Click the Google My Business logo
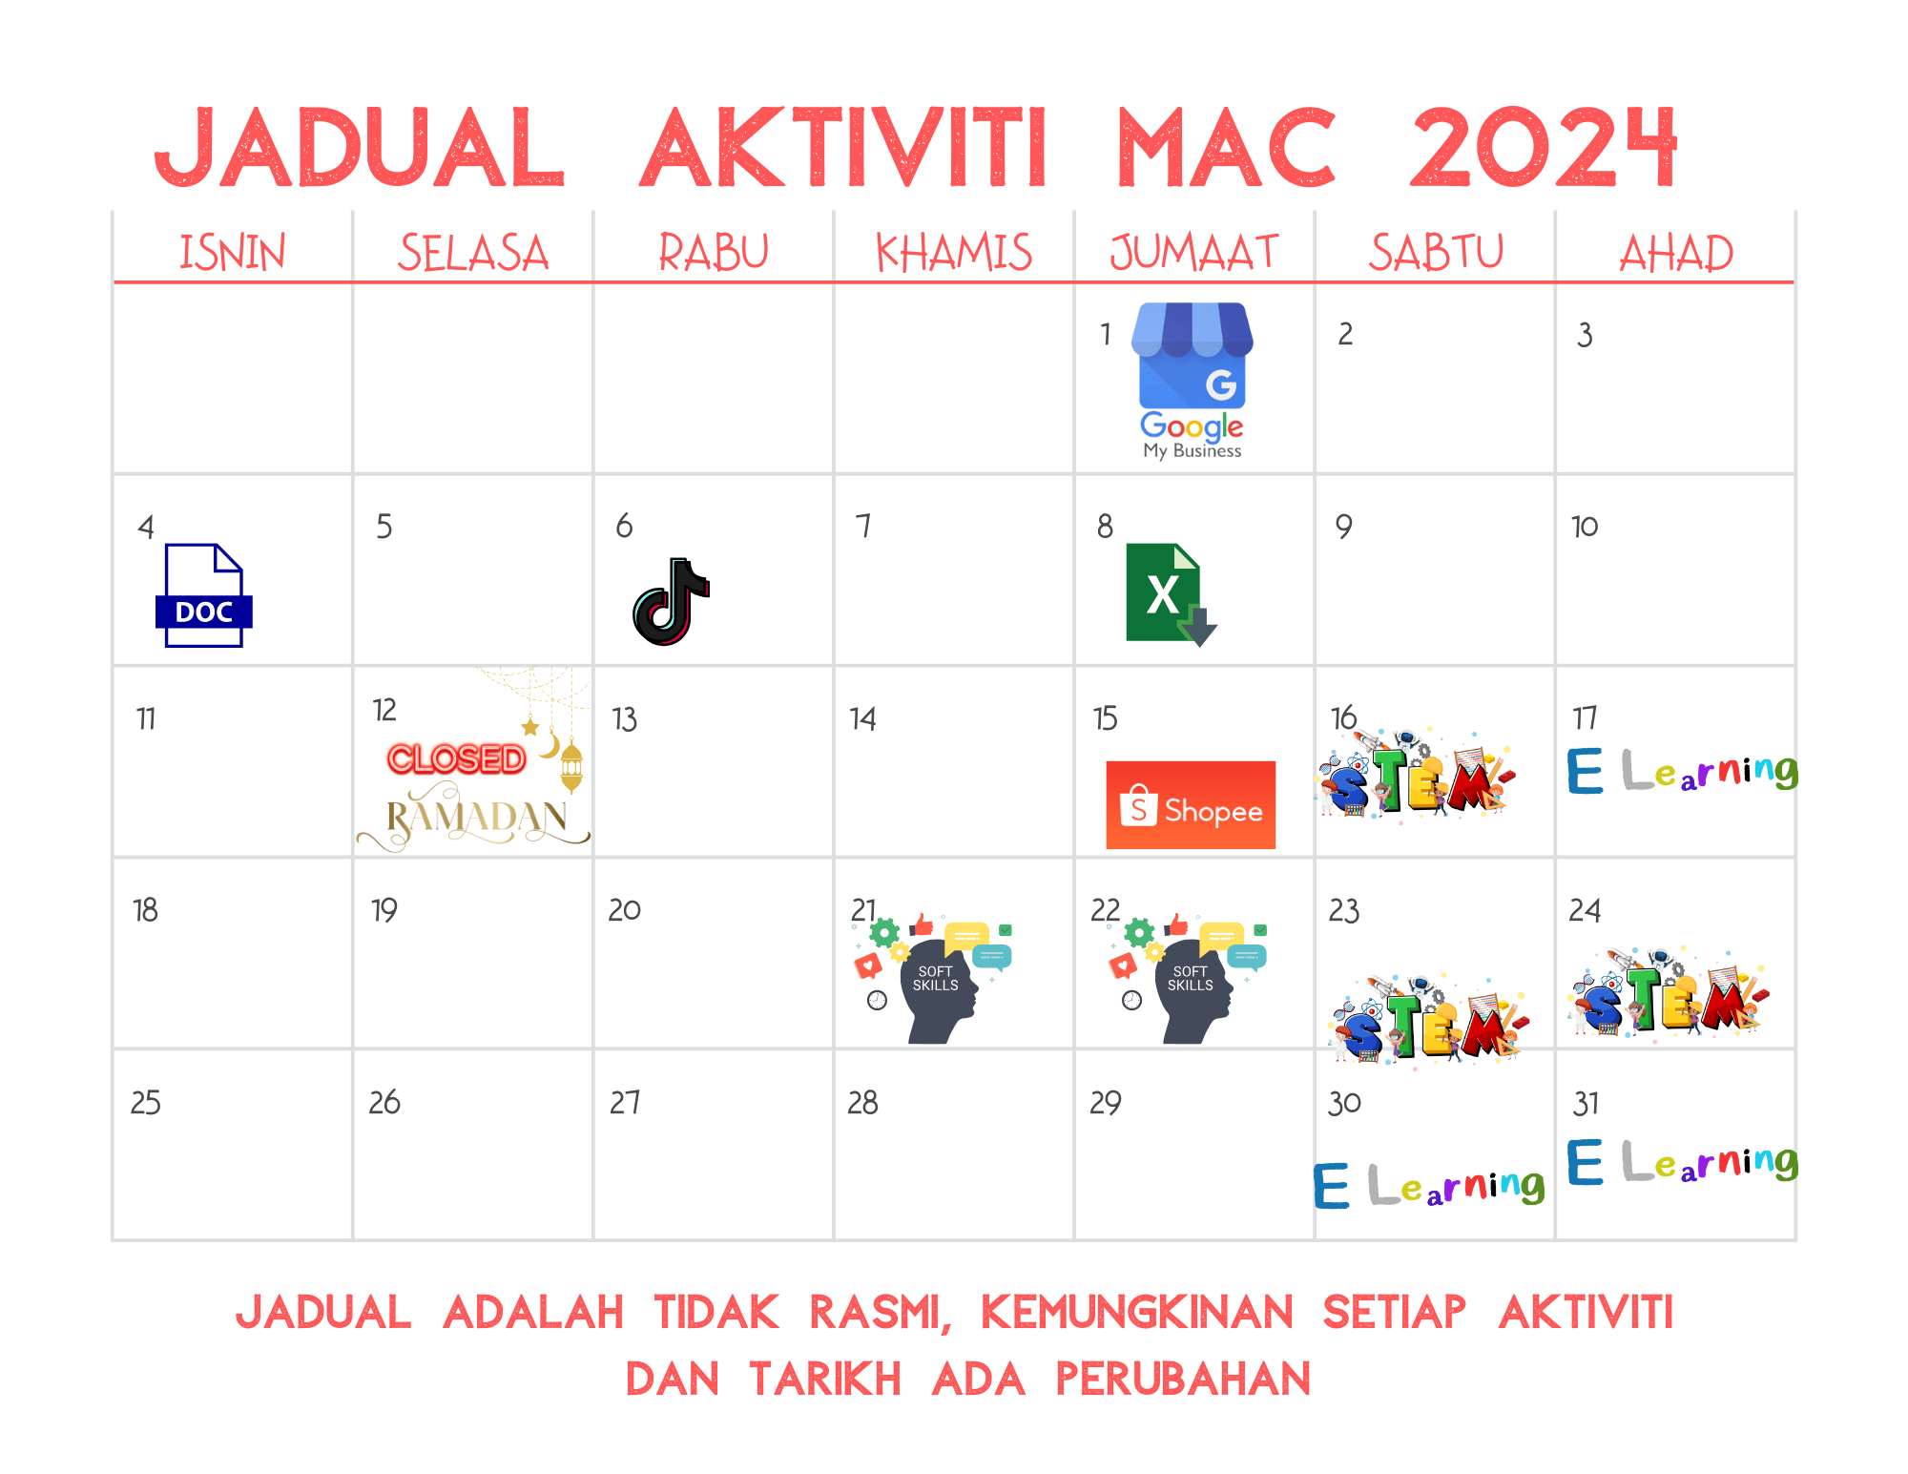1192,382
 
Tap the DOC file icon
204,595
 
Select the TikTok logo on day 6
672,602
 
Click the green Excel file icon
1171,595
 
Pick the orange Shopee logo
1191,805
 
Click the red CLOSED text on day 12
457,759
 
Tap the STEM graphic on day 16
1414,774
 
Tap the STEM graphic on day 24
1668,992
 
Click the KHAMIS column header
954,253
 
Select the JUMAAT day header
1193,253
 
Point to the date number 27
625,1103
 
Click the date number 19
384,910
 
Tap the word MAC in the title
1226,147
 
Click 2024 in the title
1544,147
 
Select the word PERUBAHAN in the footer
1183,1379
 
